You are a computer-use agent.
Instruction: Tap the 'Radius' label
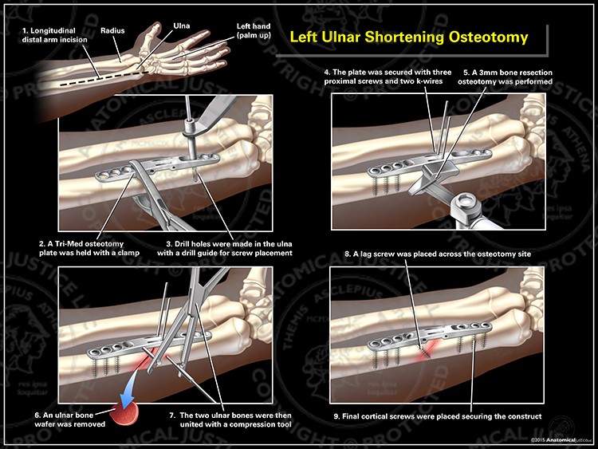click(x=112, y=33)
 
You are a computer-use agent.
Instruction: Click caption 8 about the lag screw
click(x=438, y=254)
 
